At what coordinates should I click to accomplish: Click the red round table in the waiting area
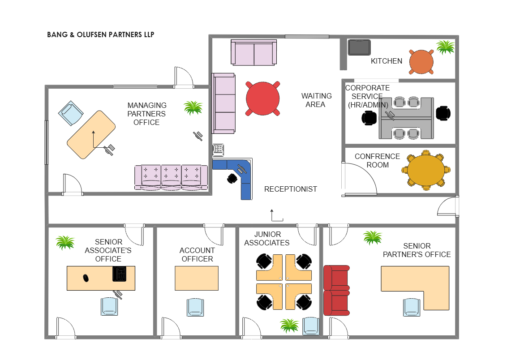point(262,99)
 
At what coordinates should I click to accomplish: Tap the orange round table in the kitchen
point(421,62)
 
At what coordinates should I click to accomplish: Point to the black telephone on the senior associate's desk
point(119,274)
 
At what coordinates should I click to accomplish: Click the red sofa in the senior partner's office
point(337,290)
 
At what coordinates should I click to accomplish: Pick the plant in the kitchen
point(445,47)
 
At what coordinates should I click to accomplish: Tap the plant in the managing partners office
point(193,107)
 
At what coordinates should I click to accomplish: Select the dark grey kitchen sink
point(359,47)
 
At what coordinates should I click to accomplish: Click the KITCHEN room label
point(387,61)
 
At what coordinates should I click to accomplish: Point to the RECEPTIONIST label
point(290,189)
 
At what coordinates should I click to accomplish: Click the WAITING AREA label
point(316,100)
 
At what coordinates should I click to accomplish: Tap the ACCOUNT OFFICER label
point(197,255)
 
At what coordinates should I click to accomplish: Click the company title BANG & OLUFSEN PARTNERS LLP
point(101,34)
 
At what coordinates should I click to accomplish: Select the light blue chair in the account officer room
point(195,307)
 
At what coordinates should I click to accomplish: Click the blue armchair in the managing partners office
point(70,113)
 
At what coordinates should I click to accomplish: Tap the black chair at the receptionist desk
point(232,178)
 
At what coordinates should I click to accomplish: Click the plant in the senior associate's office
point(65,242)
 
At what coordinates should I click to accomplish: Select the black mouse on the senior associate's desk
point(86,278)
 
